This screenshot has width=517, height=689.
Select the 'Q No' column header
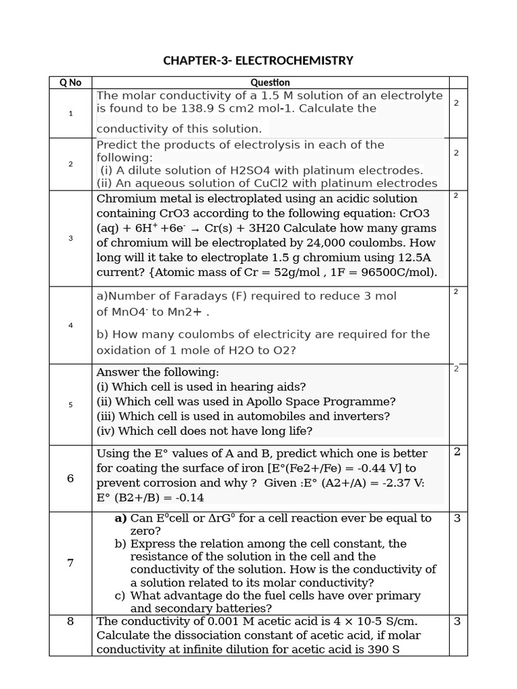click(70, 82)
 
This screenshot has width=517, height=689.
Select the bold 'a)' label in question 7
click(120, 518)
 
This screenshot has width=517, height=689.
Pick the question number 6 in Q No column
click(70, 478)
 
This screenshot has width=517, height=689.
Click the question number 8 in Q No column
click(70, 621)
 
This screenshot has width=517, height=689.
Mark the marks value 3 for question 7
click(456, 518)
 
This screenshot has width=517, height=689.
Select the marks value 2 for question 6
click(456, 451)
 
